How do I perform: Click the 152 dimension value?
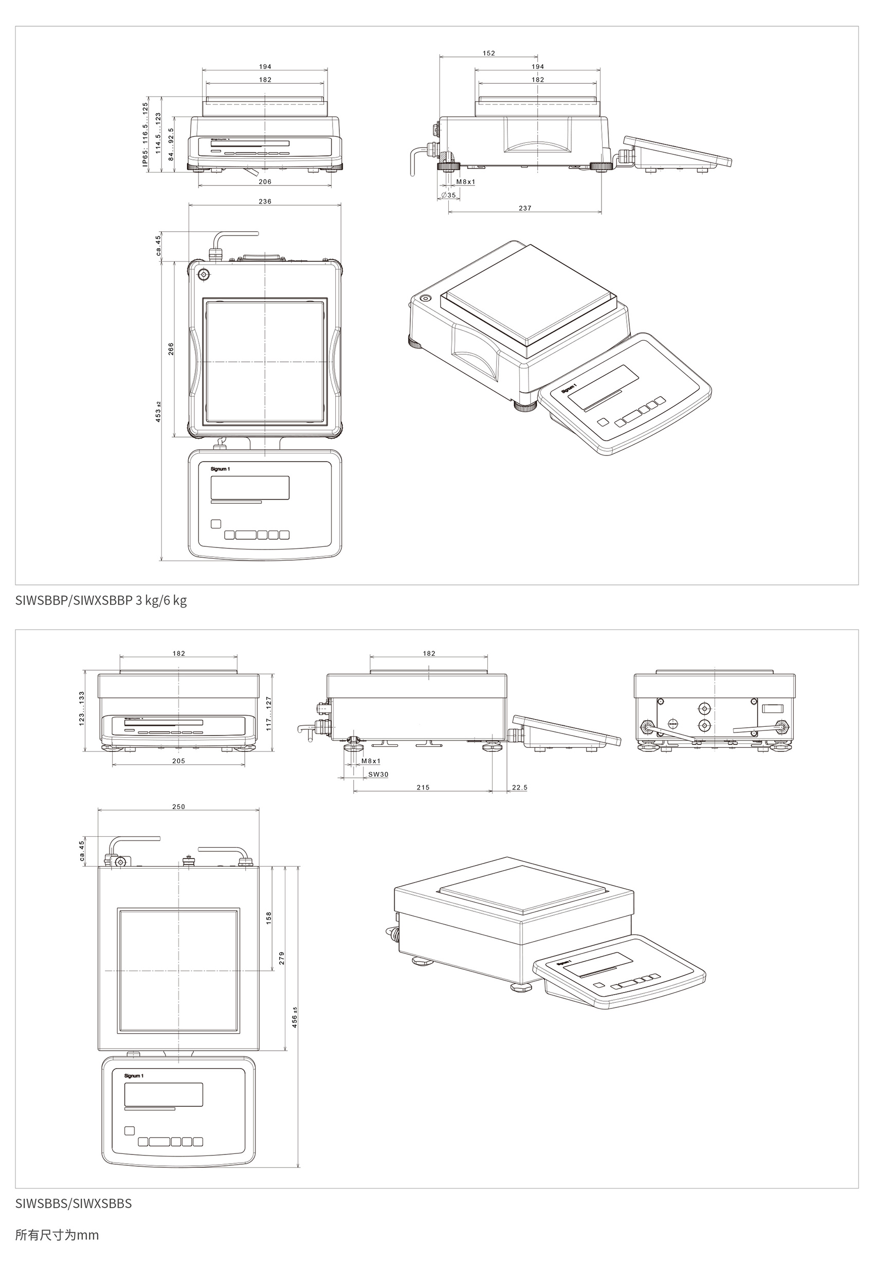(x=488, y=53)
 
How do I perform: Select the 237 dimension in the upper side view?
(x=524, y=208)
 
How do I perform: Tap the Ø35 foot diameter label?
(x=448, y=195)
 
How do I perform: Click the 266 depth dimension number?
(x=171, y=348)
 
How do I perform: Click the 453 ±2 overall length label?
(x=158, y=412)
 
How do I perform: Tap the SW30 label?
(x=378, y=774)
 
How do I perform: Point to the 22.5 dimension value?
(x=520, y=787)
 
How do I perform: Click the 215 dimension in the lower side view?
(x=423, y=787)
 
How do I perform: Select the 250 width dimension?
(x=178, y=806)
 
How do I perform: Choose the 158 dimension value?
(x=269, y=918)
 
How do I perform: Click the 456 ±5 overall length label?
(x=295, y=1017)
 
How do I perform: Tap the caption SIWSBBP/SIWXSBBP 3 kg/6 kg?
(x=101, y=600)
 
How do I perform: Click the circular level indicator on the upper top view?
(x=204, y=275)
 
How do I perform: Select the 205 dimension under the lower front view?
(x=178, y=761)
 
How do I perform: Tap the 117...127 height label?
(x=269, y=714)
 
